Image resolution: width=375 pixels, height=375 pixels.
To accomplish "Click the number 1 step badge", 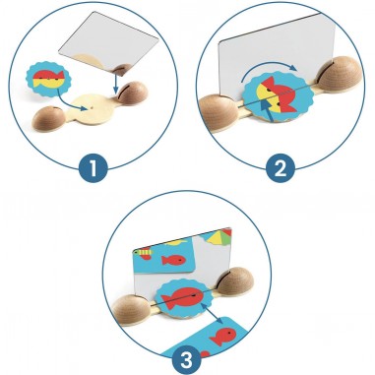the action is point(94,169).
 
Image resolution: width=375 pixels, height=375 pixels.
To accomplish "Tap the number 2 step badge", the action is point(280,169).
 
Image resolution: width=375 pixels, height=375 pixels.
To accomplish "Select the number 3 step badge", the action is point(187,360).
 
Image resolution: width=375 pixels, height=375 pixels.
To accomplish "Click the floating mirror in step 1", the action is point(108,43).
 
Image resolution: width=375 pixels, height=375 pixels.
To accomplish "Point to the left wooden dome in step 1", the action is point(49,117).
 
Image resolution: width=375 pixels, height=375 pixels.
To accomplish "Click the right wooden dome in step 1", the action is point(133,93).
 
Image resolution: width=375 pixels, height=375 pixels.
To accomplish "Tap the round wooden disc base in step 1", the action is point(91,108).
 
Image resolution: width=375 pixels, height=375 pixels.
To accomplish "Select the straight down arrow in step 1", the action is point(115,82).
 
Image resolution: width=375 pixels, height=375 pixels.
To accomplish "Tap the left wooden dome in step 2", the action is point(218,113).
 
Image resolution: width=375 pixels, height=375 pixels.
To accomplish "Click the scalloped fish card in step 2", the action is point(279,96).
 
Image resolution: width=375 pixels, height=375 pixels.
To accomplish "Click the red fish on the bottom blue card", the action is point(223,337).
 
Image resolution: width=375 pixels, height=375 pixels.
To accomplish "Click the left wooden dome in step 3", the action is point(131,310).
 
